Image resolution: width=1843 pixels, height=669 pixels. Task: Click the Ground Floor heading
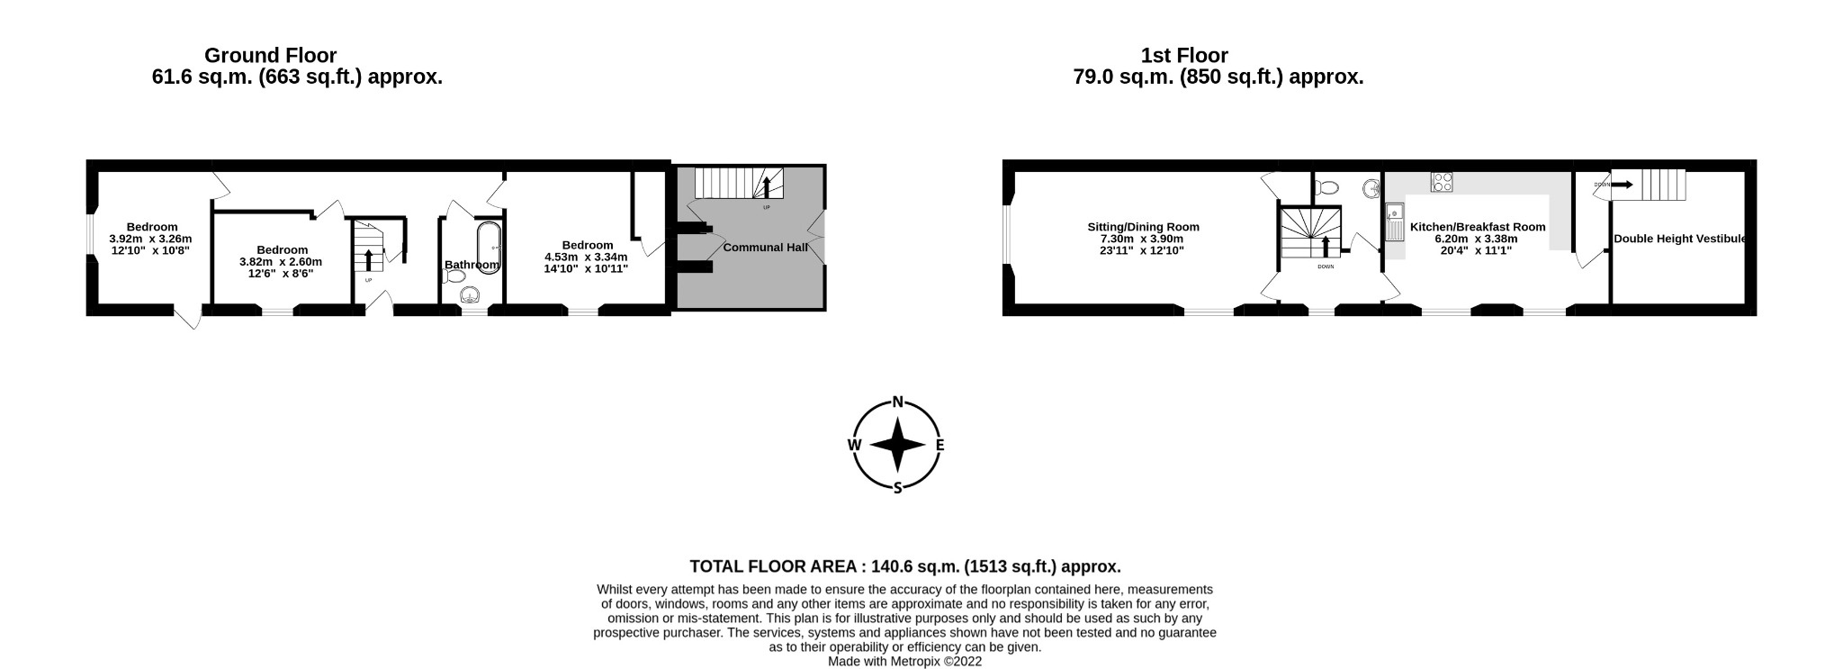tap(270, 56)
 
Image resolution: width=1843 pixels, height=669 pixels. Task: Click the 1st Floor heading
tap(1184, 56)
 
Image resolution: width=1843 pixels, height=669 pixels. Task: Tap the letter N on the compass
tap(897, 402)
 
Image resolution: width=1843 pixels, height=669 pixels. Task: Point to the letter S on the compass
tap(897, 488)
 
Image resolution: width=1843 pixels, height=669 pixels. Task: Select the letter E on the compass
tap(939, 445)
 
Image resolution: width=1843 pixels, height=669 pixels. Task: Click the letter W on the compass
tap(854, 445)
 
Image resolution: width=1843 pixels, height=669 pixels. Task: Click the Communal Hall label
tap(765, 247)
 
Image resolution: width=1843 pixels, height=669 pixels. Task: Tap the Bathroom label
tap(472, 265)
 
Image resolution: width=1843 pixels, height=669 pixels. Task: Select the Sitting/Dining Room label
tap(1143, 227)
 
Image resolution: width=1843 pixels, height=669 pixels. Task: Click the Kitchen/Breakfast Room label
tap(1477, 227)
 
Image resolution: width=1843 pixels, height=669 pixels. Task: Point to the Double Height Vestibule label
tap(1679, 239)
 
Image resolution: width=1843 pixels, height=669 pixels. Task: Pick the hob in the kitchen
tap(1442, 182)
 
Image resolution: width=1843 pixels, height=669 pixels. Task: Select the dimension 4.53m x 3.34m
tap(586, 257)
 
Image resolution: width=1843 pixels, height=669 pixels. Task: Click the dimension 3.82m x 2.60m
tap(281, 261)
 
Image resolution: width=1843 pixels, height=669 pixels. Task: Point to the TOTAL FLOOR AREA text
tap(904, 566)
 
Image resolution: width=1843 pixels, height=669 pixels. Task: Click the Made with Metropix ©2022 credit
tap(904, 661)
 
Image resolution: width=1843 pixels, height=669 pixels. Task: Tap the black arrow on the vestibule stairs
tap(1622, 185)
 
